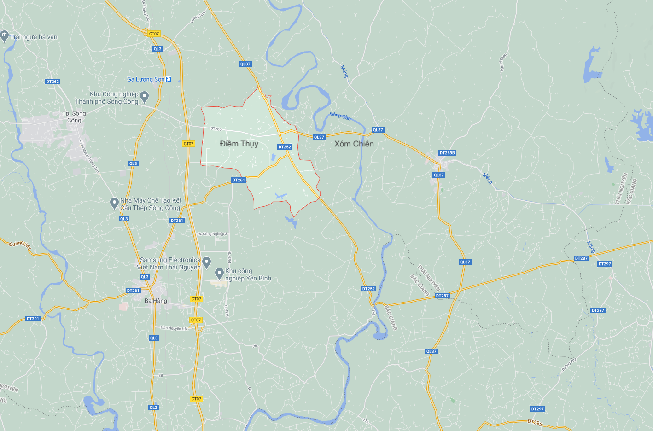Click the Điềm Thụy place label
point(239,144)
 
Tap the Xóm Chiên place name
point(354,144)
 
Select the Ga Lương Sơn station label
point(146,79)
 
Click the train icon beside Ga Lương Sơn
point(169,79)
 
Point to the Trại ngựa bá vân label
point(34,37)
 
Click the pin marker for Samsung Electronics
point(207,262)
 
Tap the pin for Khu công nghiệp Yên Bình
point(220,274)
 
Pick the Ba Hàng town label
point(156,301)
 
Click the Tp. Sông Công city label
point(74,116)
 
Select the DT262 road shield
point(52,82)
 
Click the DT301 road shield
point(33,319)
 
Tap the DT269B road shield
point(447,153)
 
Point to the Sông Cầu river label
point(340,116)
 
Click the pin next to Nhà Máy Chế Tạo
point(115,203)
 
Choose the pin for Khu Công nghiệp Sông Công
point(145,97)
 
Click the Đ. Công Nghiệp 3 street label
point(213,234)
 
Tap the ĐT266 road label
point(216,129)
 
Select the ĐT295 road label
point(535,422)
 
